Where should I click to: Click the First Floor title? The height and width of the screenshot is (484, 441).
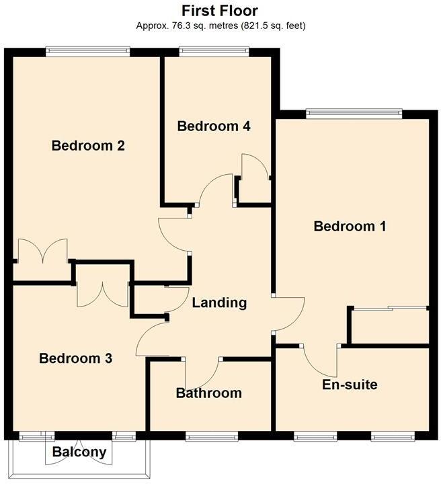point(220,11)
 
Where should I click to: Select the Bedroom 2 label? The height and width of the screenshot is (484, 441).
point(89,145)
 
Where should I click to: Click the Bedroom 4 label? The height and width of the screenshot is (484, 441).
point(214,126)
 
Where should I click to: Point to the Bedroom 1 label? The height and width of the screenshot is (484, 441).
point(350,227)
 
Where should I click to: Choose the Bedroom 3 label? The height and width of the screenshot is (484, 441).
point(75,358)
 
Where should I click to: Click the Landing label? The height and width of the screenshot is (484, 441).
point(219,302)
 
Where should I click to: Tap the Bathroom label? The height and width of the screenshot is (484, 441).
point(208,393)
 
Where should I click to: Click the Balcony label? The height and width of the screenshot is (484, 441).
point(79,452)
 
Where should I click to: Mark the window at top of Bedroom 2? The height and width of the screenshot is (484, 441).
point(87,49)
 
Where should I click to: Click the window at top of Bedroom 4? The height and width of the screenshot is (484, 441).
point(214,49)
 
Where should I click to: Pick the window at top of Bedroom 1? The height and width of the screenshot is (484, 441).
point(354,112)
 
